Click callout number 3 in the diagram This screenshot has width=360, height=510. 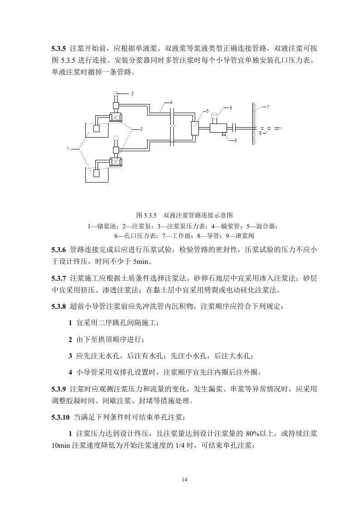(x=133, y=94)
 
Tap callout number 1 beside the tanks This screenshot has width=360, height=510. (x=68, y=149)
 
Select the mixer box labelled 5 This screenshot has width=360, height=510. (x=196, y=128)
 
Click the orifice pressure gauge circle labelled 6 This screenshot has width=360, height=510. (x=214, y=115)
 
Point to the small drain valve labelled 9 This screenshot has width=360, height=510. (x=224, y=134)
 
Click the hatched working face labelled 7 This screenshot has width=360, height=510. (x=254, y=124)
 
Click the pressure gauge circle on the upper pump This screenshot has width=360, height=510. (x=116, y=93)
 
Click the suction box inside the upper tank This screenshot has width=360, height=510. (x=96, y=129)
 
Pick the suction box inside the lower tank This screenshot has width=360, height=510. (x=96, y=173)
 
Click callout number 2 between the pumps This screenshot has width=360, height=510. (x=142, y=129)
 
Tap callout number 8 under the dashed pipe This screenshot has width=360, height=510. (x=260, y=133)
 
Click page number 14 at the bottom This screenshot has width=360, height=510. (x=185, y=480)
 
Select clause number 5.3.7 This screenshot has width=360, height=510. (x=59, y=278)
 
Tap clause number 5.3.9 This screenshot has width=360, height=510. (x=59, y=389)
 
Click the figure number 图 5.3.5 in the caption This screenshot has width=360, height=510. (x=146, y=215)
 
